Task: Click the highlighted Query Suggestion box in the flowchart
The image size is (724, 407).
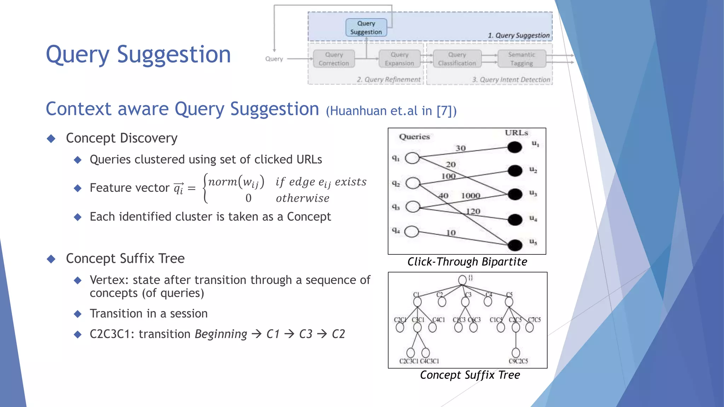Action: click(x=366, y=28)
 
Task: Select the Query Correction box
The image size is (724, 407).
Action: click(x=334, y=59)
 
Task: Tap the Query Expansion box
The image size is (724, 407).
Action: click(x=399, y=59)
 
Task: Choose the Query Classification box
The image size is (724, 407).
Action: click(x=457, y=59)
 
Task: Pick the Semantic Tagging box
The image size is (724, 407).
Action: click(x=522, y=59)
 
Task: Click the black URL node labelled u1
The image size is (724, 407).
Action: click(x=515, y=147)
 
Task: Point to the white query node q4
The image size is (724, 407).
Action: click(x=412, y=232)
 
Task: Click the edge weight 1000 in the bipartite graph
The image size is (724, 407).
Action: click(x=471, y=196)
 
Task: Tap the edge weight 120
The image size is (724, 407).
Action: click(x=473, y=211)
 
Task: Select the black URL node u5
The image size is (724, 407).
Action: click(x=515, y=244)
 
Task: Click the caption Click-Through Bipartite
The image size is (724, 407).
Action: click(x=467, y=262)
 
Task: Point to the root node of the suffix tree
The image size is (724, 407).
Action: click(x=462, y=280)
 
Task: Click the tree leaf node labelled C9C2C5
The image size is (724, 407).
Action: click(x=516, y=352)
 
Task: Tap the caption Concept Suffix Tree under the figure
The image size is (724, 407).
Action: click(x=470, y=375)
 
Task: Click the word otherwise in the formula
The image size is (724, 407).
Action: click(x=303, y=198)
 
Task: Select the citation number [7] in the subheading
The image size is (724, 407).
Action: click(x=443, y=111)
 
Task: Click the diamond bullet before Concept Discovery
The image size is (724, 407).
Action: click(x=51, y=138)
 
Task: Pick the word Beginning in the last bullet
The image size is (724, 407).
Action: click(x=221, y=334)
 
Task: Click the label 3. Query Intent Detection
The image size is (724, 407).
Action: click(x=511, y=80)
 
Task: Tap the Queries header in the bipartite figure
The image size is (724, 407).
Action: click(x=414, y=137)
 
